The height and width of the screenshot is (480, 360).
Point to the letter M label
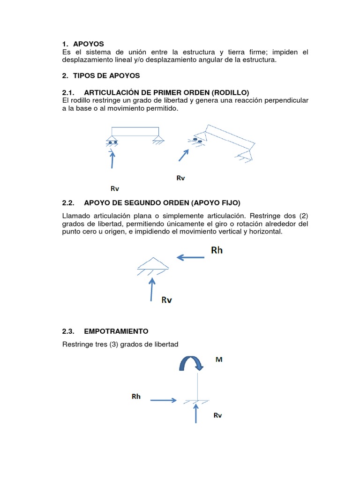click(218, 360)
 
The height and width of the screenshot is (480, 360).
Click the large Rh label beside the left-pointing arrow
click(217, 250)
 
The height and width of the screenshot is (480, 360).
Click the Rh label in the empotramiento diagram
click(136, 397)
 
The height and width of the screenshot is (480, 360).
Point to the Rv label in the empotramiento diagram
click(217, 415)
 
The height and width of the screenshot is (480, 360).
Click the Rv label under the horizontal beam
click(115, 188)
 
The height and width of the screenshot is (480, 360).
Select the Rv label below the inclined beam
click(180, 178)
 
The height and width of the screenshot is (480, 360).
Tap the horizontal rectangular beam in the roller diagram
click(135, 131)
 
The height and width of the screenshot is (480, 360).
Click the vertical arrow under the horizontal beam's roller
click(112, 158)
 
